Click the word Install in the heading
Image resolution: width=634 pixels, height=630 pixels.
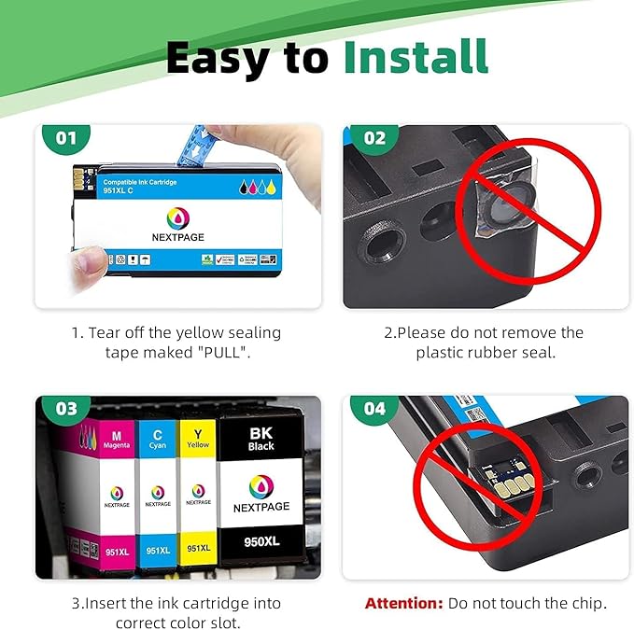pos(415,58)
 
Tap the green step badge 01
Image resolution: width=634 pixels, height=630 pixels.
pos(65,139)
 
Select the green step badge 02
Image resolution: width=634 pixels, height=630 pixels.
pos(373,139)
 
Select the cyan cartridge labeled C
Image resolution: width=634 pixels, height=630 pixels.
pos(158,495)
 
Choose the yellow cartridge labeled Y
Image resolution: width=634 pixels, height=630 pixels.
pos(197,495)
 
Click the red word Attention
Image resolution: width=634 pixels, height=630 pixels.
pos(403,604)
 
